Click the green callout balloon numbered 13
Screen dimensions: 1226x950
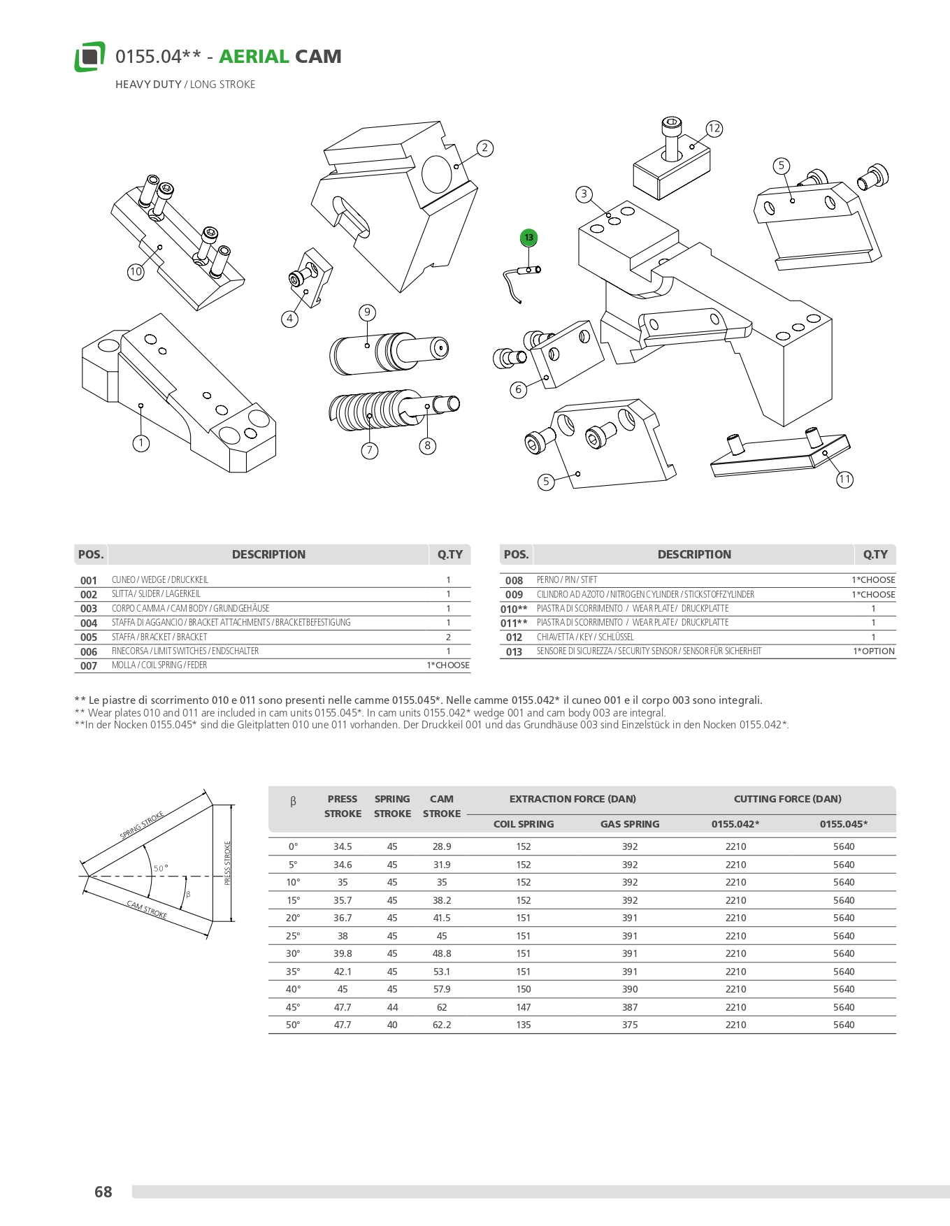528,238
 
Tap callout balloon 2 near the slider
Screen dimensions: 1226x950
484,148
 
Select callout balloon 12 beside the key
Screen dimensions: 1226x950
714,129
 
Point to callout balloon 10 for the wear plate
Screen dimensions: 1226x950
136,272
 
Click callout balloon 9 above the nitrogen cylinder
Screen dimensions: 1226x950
367,312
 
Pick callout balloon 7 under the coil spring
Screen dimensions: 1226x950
370,451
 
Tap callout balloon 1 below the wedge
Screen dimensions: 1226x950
141,443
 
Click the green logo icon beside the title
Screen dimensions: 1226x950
90,57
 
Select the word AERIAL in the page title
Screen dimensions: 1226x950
254,57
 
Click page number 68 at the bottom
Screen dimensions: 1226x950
103,1192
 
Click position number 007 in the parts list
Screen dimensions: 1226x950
89,666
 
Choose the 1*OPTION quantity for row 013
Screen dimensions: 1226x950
874,651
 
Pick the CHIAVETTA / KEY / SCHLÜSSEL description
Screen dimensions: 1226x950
585,637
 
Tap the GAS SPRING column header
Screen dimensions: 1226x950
630,824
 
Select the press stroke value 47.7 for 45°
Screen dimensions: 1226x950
343,1007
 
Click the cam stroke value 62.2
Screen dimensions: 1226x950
442,1025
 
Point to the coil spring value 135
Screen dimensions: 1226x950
524,1025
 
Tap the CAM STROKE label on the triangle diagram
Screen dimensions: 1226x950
147,909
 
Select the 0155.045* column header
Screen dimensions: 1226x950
844,824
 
